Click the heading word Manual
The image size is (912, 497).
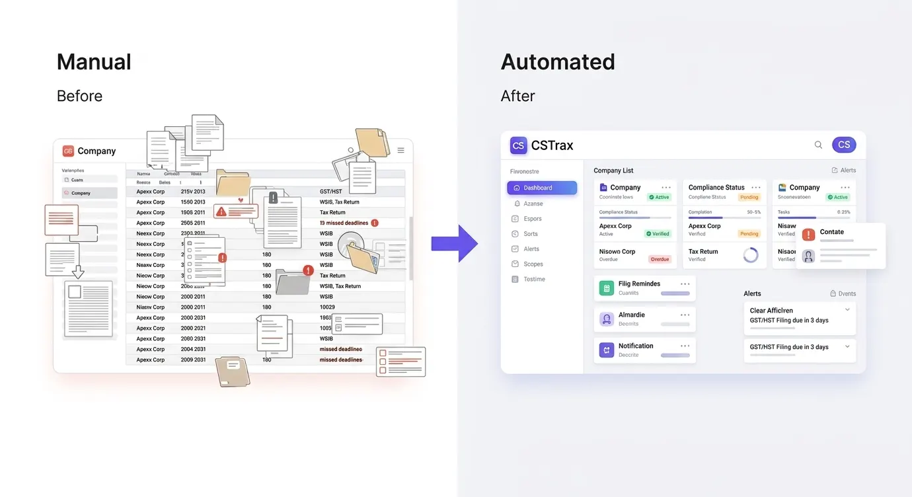(x=94, y=62)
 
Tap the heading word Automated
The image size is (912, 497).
(x=558, y=62)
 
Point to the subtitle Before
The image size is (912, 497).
(x=79, y=96)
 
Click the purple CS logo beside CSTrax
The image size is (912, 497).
(x=518, y=145)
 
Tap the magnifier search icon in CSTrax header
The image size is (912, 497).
(x=818, y=145)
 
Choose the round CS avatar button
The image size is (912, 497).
(x=844, y=145)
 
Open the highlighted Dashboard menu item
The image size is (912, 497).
(x=542, y=188)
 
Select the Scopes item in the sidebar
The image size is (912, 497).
(x=533, y=264)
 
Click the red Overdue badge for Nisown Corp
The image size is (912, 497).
(x=660, y=260)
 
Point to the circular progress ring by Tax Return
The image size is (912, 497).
(x=751, y=255)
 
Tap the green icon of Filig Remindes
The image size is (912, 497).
(x=606, y=288)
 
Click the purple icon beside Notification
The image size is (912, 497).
(x=606, y=350)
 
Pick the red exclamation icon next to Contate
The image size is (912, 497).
(x=808, y=234)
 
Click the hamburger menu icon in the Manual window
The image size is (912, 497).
(x=400, y=151)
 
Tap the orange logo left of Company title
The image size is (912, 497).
(x=68, y=151)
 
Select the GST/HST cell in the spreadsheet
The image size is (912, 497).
(x=331, y=192)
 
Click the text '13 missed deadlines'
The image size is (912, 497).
(x=344, y=223)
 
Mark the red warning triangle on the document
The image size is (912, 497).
(x=221, y=211)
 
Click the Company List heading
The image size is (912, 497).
(x=613, y=171)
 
